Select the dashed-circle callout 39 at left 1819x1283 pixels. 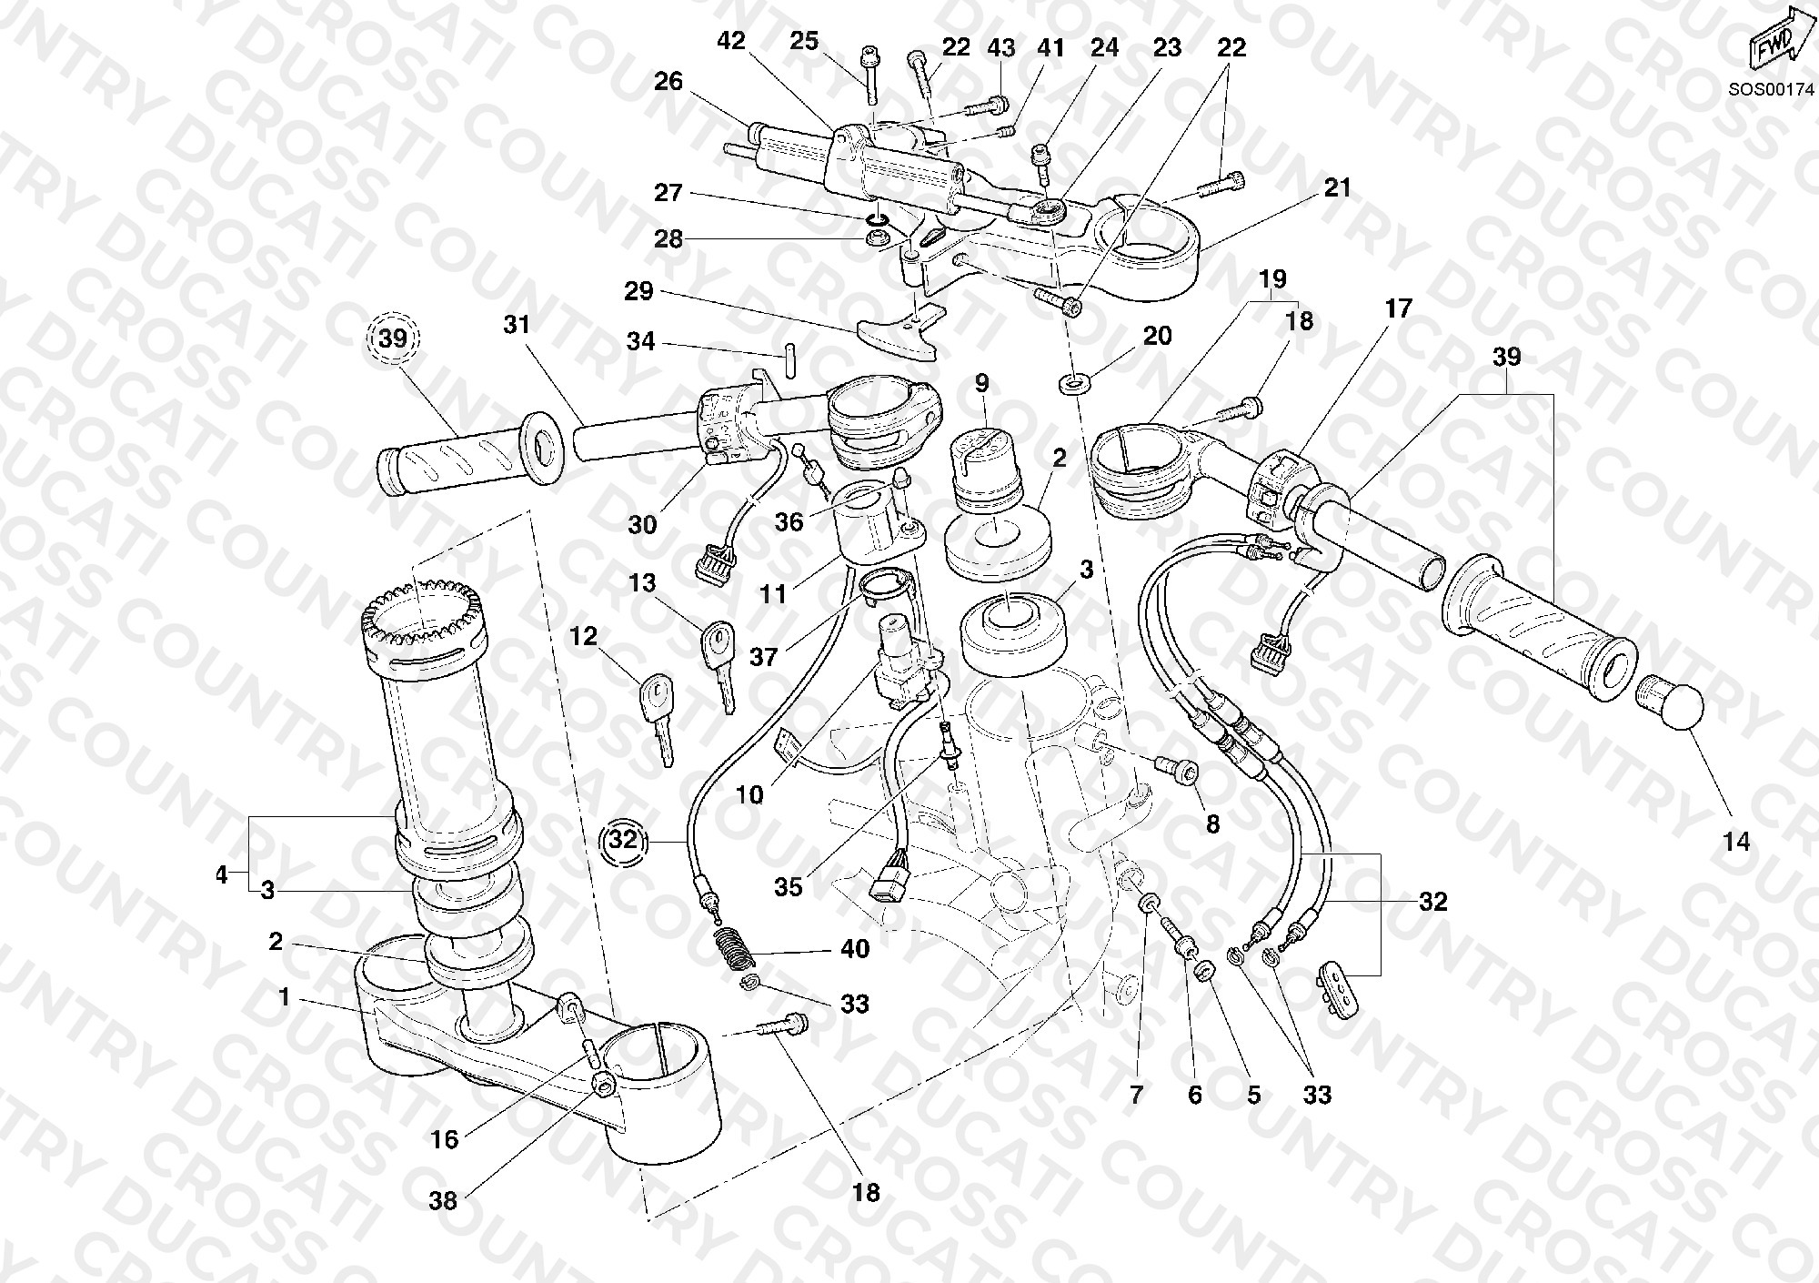(393, 338)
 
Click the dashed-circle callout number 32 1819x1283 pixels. (624, 840)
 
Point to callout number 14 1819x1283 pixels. (1736, 842)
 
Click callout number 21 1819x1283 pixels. (1337, 188)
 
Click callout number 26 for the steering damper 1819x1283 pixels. (668, 81)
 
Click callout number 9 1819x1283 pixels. (981, 383)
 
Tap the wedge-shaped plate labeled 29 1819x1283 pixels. (896, 331)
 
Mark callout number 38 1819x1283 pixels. (443, 1201)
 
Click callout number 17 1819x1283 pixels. (1398, 308)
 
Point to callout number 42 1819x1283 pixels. (731, 40)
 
